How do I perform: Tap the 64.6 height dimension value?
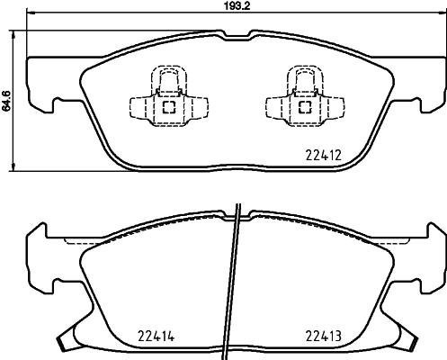pos(6,104)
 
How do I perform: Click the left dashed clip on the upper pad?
pos(168,96)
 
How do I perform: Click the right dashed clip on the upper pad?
pos(305,96)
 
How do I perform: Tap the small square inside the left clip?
pos(168,106)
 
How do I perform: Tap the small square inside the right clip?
pos(305,106)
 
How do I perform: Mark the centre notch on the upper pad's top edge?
pos(237,37)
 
